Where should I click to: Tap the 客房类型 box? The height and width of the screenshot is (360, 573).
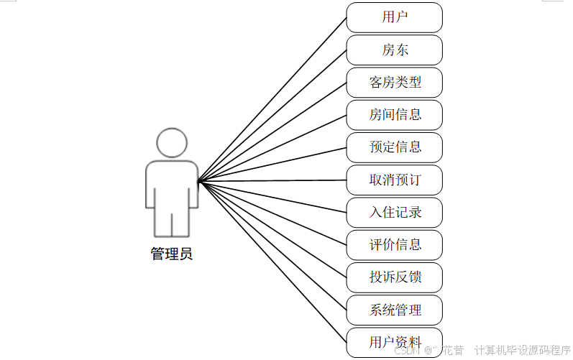pos(394,83)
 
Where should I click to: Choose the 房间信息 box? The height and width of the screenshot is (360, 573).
pos(394,115)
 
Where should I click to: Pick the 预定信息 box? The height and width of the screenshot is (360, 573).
pos(394,147)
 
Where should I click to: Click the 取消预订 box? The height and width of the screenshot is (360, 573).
pos(394,180)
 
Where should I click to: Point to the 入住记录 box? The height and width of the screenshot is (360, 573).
pos(394,213)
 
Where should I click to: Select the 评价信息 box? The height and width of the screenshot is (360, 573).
pos(394,245)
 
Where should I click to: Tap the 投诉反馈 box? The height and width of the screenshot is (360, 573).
pos(394,277)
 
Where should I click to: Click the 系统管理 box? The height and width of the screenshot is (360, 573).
pos(394,310)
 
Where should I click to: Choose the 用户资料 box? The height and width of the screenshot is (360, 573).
pos(394,342)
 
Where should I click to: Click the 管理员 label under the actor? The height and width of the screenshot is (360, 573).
pos(172,254)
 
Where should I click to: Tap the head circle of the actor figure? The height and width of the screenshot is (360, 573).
pos(172,142)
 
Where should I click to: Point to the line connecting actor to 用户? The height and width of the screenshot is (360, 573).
pos(273,98)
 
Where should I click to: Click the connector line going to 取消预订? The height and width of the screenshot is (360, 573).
pos(273,180)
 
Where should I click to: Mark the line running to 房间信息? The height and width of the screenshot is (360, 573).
pos(273,147)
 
